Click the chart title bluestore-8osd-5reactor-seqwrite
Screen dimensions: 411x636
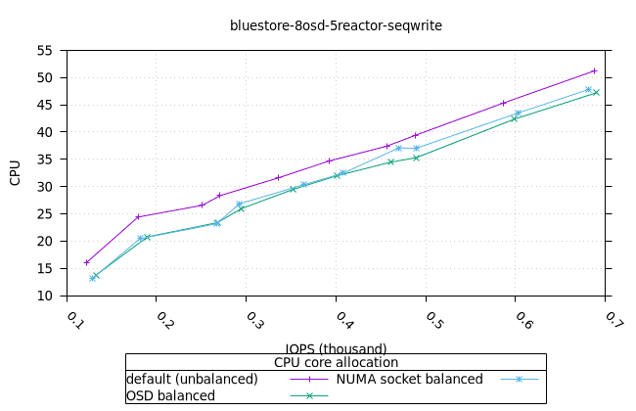point(336,25)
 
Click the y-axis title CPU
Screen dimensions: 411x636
point(15,172)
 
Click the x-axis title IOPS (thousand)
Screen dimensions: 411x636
point(336,348)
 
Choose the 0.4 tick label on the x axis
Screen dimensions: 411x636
point(343,320)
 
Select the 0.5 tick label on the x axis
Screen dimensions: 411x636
point(433,320)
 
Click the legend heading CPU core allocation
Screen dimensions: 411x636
point(336,362)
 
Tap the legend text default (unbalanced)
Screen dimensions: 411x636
point(192,379)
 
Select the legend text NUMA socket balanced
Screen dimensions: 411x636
point(410,379)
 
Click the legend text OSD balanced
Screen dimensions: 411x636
point(171,395)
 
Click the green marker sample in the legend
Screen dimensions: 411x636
point(309,395)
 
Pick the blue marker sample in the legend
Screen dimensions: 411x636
point(520,379)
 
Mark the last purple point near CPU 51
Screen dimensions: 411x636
point(594,70)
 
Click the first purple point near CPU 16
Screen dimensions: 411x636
point(87,262)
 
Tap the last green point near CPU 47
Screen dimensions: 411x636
point(596,93)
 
